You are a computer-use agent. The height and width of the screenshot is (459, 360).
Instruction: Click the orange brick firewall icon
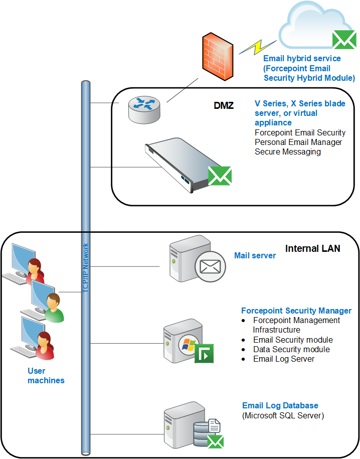click(218, 56)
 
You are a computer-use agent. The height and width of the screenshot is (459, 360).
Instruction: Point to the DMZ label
click(224, 105)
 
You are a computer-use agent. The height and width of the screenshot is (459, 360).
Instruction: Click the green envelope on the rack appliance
click(220, 176)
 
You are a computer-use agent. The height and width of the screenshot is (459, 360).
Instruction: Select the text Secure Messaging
click(288, 151)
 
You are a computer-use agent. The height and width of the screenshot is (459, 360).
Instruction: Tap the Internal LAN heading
click(312, 248)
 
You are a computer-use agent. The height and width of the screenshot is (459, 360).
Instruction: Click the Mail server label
click(255, 255)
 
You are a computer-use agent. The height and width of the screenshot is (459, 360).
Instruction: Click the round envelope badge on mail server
click(210, 266)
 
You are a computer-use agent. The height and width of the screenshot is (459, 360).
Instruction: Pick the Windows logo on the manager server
click(189, 344)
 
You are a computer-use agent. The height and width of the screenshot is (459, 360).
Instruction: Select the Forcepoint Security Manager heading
click(296, 311)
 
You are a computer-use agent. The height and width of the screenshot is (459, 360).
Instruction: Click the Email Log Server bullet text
click(284, 359)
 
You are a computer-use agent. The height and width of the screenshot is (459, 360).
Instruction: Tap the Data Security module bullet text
click(291, 349)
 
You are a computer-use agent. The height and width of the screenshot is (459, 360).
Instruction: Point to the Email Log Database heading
click(280, 405)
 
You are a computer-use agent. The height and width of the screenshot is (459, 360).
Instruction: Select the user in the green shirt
click(54, 308)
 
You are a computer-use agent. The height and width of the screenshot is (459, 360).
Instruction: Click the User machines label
click(46, 376)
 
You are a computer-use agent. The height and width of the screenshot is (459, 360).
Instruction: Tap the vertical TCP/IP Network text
click(85, 268)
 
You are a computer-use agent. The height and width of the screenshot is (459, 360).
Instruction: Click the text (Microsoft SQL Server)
click(283, 415)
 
